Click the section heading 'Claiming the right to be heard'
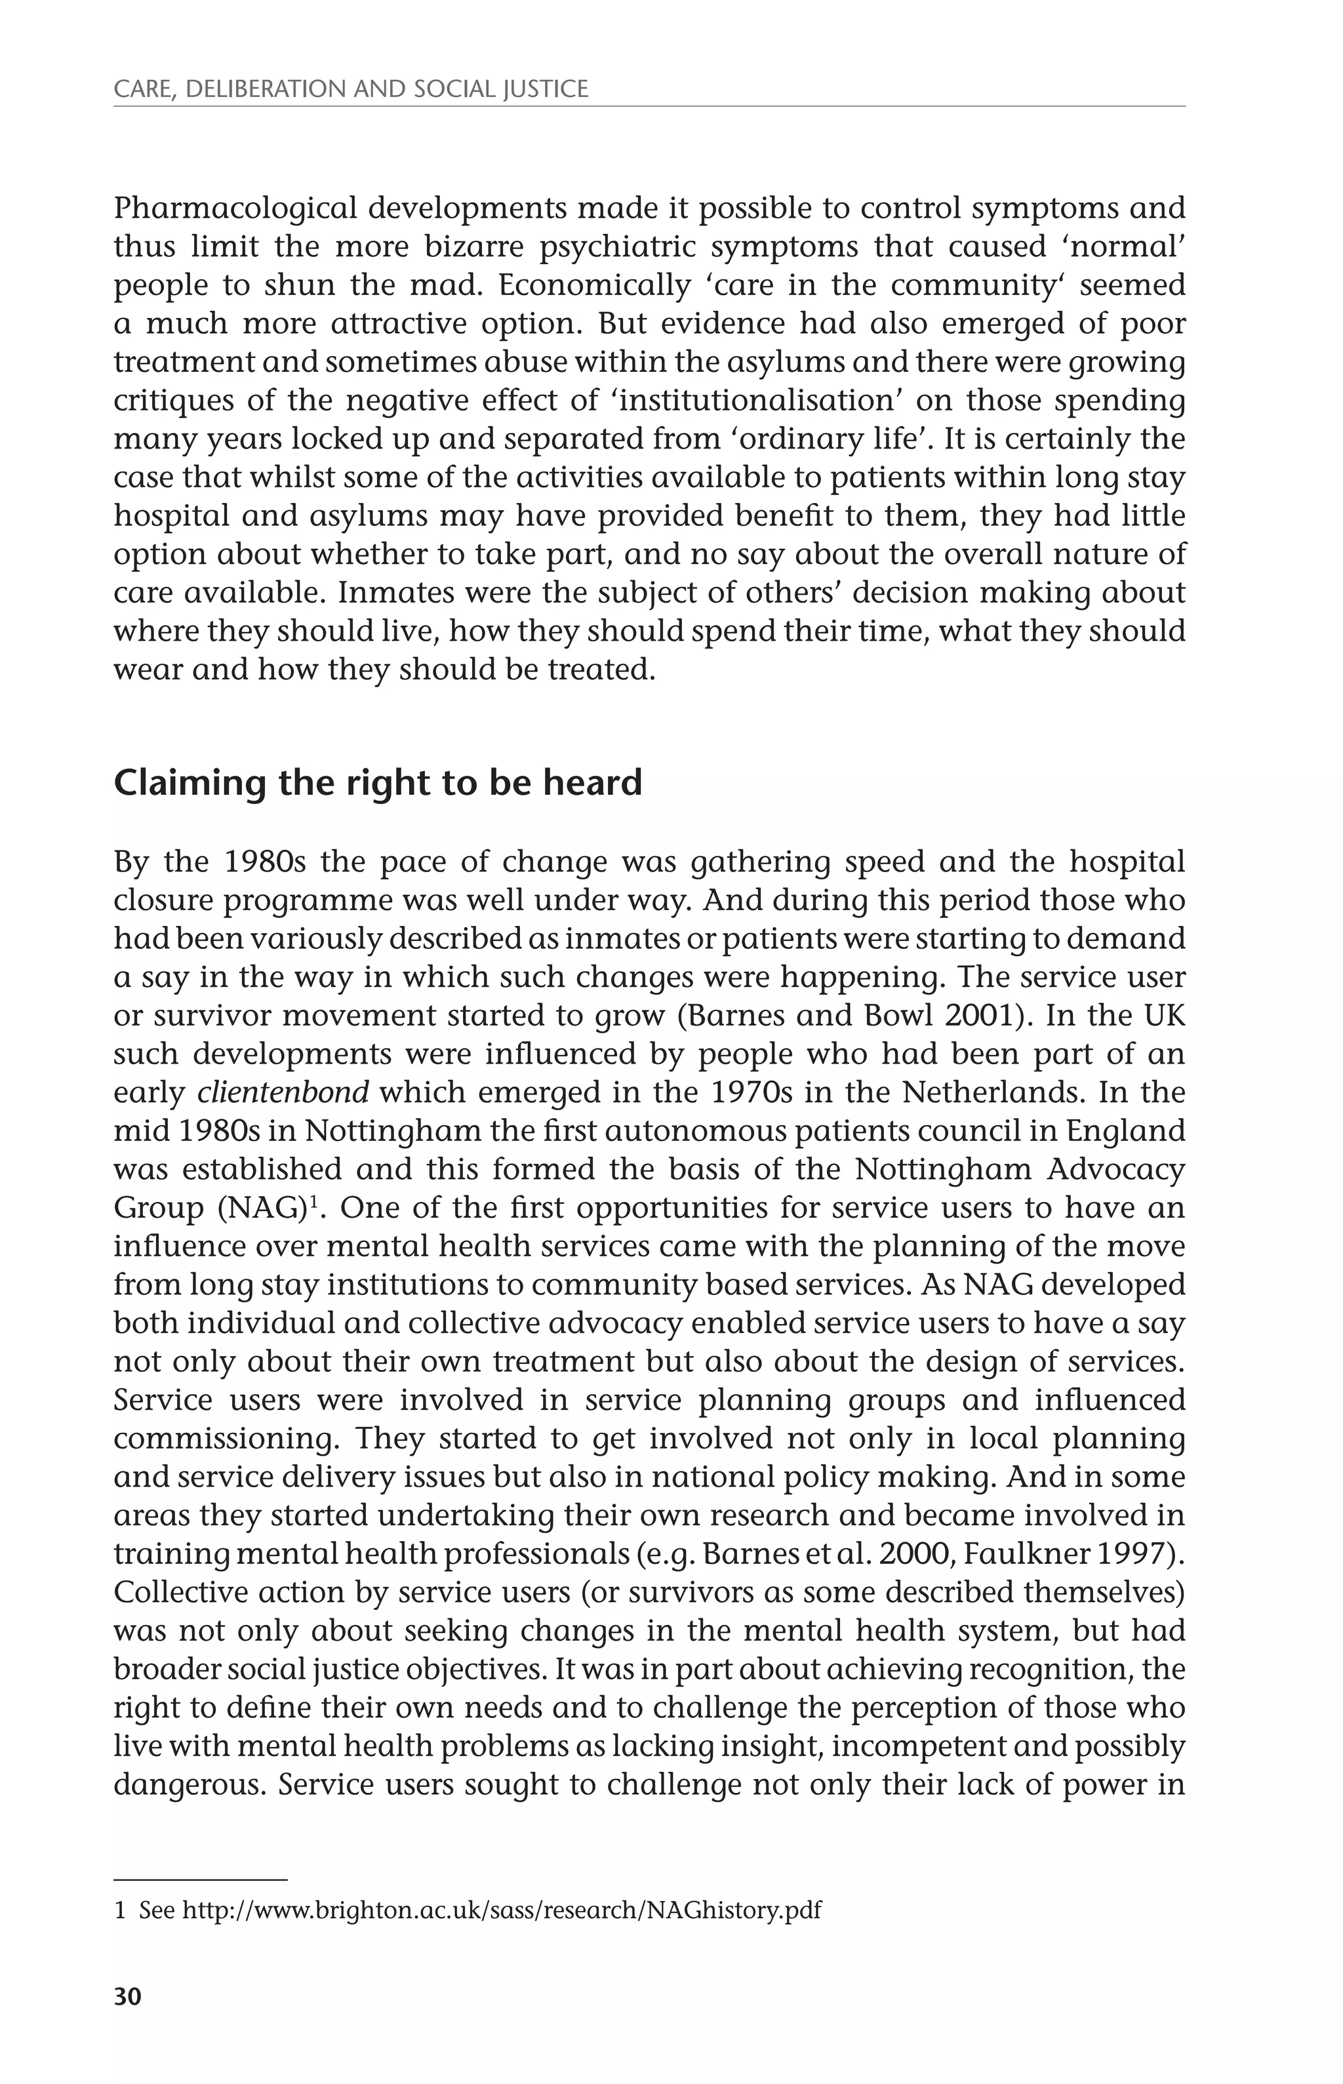point(378,782)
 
